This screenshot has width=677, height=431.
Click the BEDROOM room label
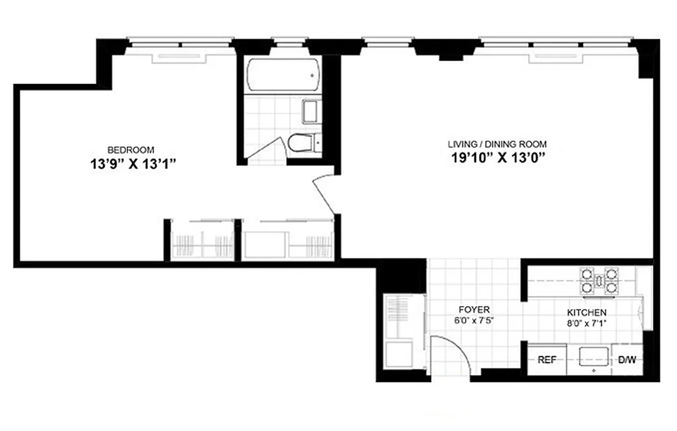pos(131,150)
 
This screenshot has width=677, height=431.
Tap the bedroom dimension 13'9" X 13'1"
pos(134,164)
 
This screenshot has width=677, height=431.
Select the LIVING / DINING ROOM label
pos(497,144)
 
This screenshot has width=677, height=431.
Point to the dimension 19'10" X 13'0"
pos(496,158)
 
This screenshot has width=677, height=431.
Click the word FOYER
pos(474,310)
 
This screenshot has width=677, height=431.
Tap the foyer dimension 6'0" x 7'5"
pos(474,320)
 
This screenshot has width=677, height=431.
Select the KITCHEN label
pos(586,312)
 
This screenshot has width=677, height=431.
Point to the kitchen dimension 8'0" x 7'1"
pos(586,323)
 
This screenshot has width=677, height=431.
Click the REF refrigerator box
pos(547,360)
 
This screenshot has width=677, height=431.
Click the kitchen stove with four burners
pos(598,281)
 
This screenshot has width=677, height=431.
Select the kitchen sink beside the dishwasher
pos(594,357)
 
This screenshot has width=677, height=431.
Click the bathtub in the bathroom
pos(282,75)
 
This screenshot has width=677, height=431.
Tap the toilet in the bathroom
pos(300,143)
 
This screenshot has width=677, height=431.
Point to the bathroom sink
pos(311,112)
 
